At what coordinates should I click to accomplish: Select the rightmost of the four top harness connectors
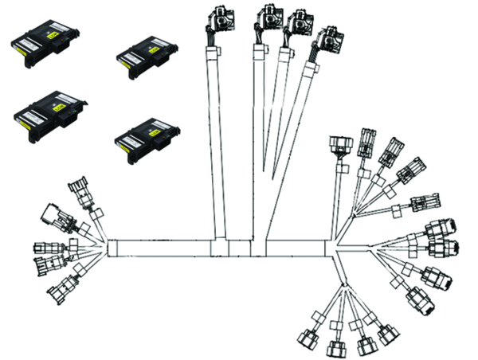pyautogui.click(x=326, y=41)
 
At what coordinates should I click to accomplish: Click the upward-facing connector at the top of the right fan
pyautogui.click(x=339, y=148)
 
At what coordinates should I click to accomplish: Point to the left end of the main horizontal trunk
pyautogui.click(x=108, y=247)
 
